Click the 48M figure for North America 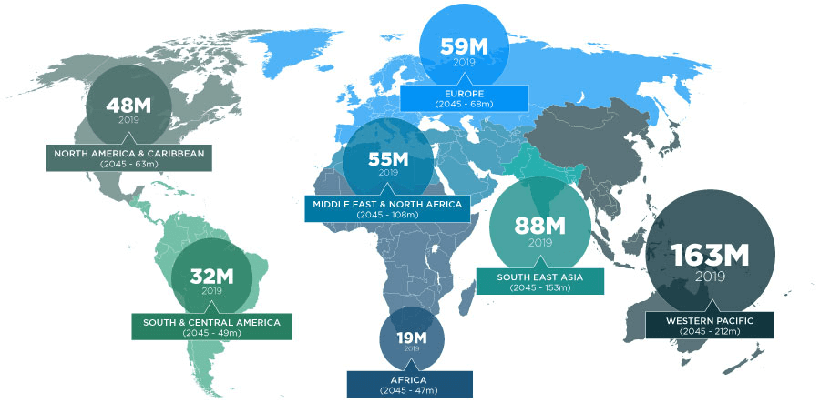point(129,104)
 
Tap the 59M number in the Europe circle point(465,45)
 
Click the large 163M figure point(710,256)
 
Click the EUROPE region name point(465,94)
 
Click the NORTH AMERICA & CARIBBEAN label point(129,153)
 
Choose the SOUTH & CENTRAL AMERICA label point(211,322)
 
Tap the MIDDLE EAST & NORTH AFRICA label point(388,204)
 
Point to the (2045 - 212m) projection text point(710,331)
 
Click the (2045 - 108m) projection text point(388,215)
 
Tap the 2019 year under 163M point(710,277)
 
